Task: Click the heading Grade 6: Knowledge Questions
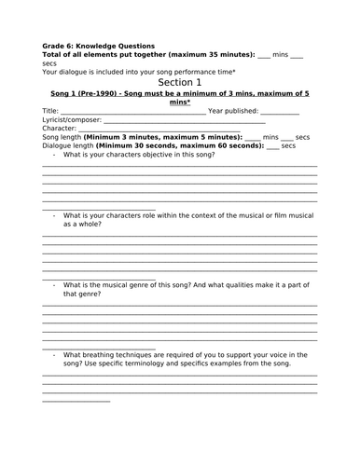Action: (x=98, y=45)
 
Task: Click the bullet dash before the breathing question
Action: (x=54, y=354)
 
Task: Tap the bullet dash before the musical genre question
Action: (x=54, y=285)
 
